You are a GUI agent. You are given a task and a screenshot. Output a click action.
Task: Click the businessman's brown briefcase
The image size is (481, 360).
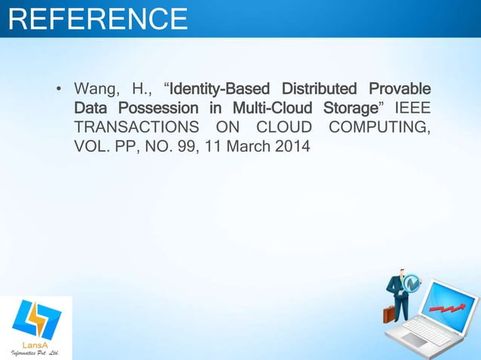(389, 313)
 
